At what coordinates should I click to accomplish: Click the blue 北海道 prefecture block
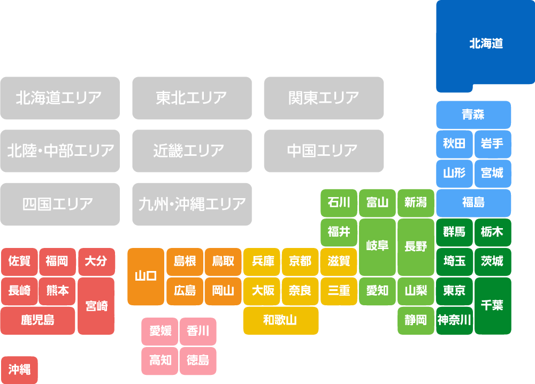click(485, 44)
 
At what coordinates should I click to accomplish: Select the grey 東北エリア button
click(192, 98)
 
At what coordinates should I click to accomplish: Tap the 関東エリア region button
click(323, 98)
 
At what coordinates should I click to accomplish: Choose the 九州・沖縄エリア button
click(192, 204)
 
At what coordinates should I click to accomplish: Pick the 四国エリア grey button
click(59, 204)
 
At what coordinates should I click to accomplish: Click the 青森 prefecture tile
click(473, 115)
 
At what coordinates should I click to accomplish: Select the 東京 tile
click(454, 291)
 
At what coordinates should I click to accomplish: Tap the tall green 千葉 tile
click(492, 305)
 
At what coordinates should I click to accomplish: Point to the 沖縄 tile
click(19, 370)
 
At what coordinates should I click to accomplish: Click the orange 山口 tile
click(146, 276)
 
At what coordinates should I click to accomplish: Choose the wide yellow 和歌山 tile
click(280, 320)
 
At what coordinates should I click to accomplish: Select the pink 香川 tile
click(198, 332)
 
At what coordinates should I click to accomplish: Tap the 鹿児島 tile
click(37, 320)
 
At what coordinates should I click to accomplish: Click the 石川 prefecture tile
click(339, 203)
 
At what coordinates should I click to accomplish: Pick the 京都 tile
click(300, 261)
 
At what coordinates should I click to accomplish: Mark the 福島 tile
click(473, 203)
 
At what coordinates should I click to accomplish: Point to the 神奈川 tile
click(454, 320)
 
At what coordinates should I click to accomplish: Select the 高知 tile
click(160, 360)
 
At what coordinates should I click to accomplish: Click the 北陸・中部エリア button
click(59, 151)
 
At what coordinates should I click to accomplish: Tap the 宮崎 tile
click(96, 306)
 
